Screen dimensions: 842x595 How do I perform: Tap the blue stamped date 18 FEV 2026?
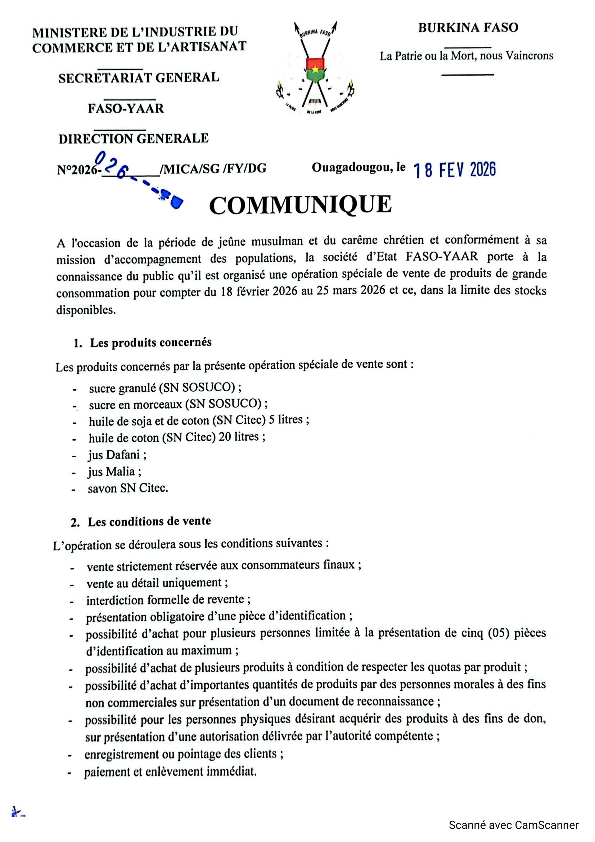click(455, 170)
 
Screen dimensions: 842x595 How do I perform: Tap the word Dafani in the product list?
click(123, 455)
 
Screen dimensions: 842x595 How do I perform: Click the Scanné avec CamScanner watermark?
click(514, 825)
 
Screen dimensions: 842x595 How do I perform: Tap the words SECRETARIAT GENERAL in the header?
click(139, 78)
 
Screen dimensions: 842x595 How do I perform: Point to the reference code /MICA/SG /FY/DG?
click(213, 168)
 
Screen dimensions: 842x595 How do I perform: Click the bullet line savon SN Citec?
click(127, 488)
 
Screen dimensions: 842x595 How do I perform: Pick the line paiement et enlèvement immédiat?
click(170, 771)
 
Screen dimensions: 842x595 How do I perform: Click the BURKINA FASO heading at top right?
click(468, 28)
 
